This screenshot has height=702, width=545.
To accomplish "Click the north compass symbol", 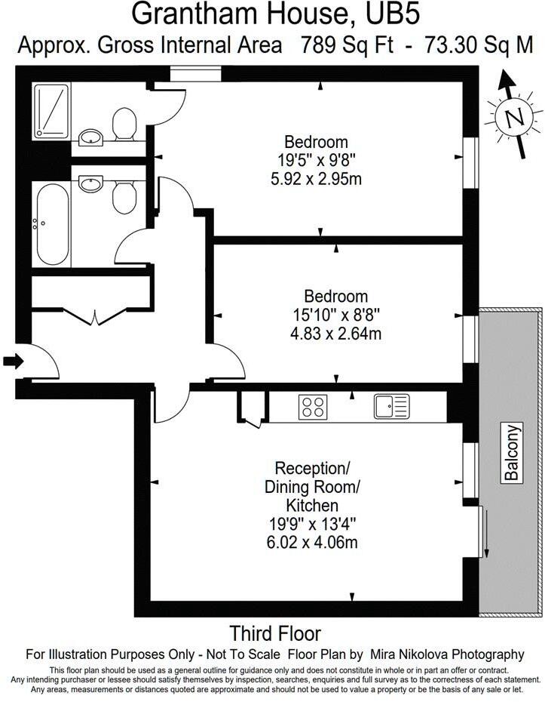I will click(515, 117).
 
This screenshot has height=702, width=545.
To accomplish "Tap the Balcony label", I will click(512, 453).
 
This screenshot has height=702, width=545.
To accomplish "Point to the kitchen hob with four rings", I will click(313, 407).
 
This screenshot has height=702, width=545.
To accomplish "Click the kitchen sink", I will click(391, 406).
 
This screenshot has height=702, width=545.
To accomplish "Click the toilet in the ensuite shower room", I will click(123, 122).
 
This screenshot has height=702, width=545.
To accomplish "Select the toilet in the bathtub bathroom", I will click(123, 196).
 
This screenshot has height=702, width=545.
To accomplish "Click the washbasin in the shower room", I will click(91, 137).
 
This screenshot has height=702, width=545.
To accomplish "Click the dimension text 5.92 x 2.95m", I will click(316, 180).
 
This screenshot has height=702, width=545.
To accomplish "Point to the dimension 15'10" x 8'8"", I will click(335, 315).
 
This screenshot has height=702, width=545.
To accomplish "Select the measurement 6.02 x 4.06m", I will click(311, 541).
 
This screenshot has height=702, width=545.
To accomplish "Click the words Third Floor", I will click(275, 633).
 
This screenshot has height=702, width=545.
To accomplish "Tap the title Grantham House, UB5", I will click(274, 14).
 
